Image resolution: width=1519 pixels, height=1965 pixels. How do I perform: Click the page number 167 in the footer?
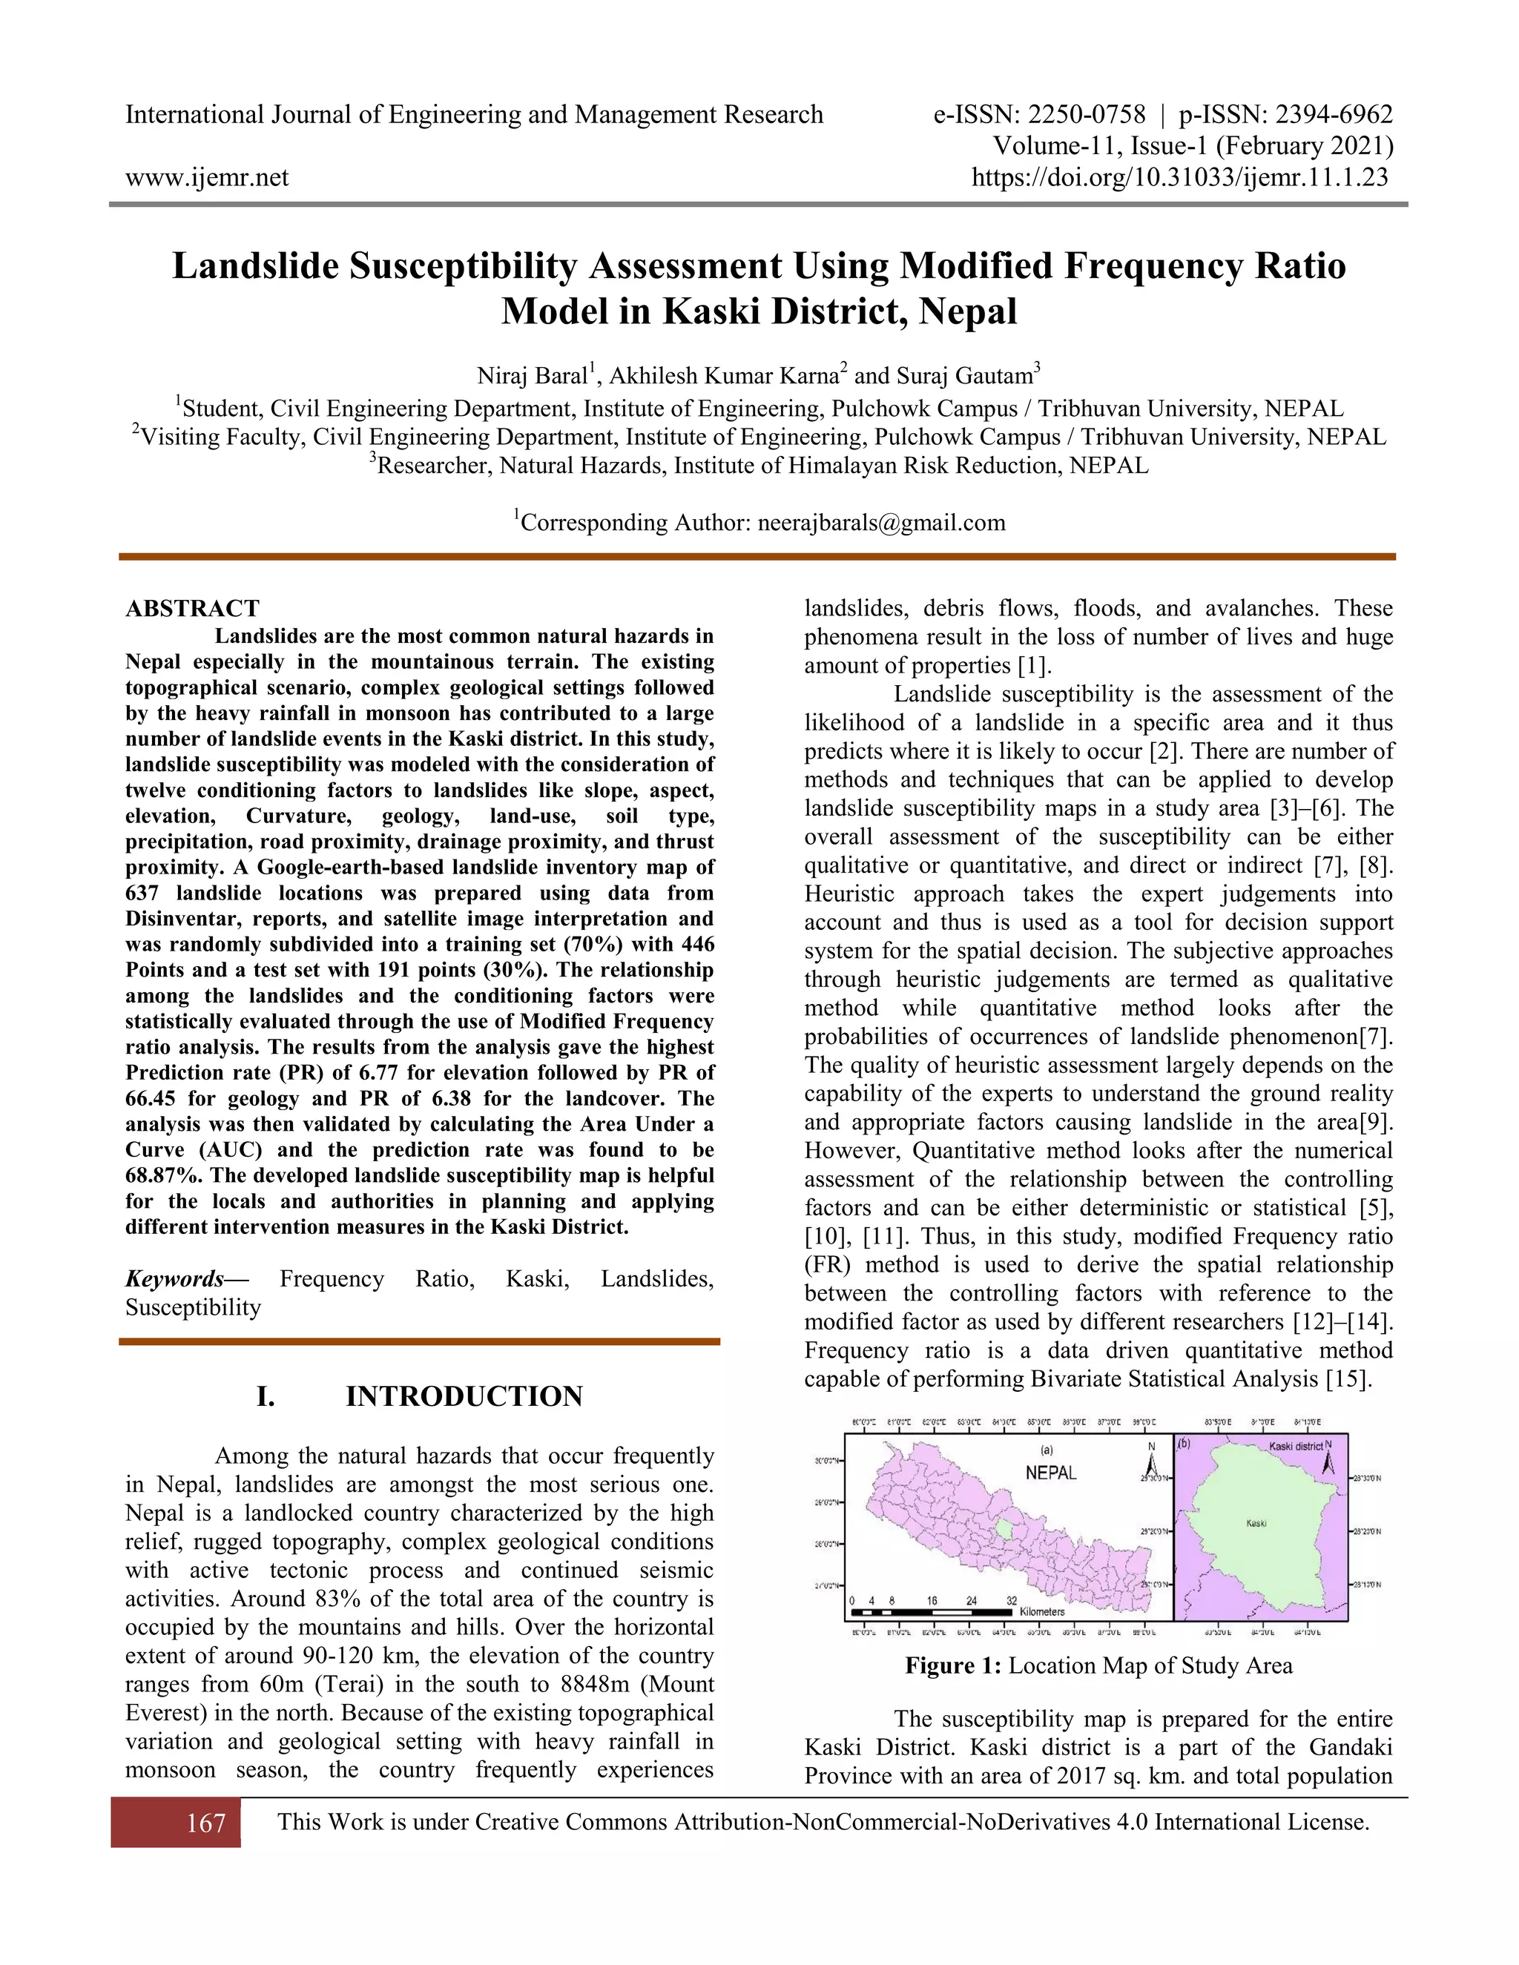tap(205, 1823)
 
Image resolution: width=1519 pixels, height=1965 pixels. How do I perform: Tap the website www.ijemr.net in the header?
tap(207, 177)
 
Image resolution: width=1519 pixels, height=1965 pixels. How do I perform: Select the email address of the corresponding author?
tap(881, 523)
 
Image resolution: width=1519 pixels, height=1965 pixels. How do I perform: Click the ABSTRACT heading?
tap(193, 608)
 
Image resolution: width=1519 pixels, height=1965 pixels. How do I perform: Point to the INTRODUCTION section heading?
tap(464, 1396)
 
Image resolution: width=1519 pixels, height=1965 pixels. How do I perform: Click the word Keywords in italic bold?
tap(174, 1278)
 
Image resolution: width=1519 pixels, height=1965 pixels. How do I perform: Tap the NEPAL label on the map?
tap(1050, 1473)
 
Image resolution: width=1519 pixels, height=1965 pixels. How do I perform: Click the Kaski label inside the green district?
tap(1256, 1523)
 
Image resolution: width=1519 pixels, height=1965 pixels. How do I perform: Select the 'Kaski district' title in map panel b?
tap(1295, 1447)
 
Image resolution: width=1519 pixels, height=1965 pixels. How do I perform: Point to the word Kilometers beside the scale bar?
tap(1042, 1611)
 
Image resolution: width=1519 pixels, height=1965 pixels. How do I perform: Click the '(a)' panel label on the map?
tap(1047, 1450)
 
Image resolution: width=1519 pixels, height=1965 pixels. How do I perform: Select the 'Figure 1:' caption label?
tap(953, 1666)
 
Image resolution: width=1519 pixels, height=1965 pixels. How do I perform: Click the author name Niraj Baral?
tap(532, 376)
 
